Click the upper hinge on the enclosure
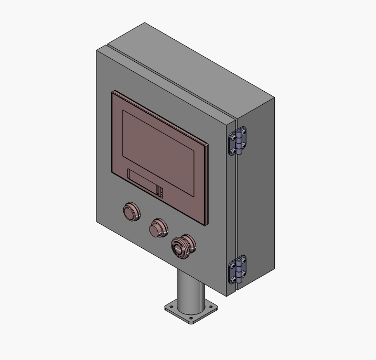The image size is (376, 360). click(x=238, y=141)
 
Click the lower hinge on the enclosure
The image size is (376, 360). click(x=238, y=270)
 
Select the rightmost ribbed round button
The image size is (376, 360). click(x=183, y=245)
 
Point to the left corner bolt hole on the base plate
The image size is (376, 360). click(x=170, y=307)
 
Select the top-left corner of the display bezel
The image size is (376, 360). click(x=113, y=93)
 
